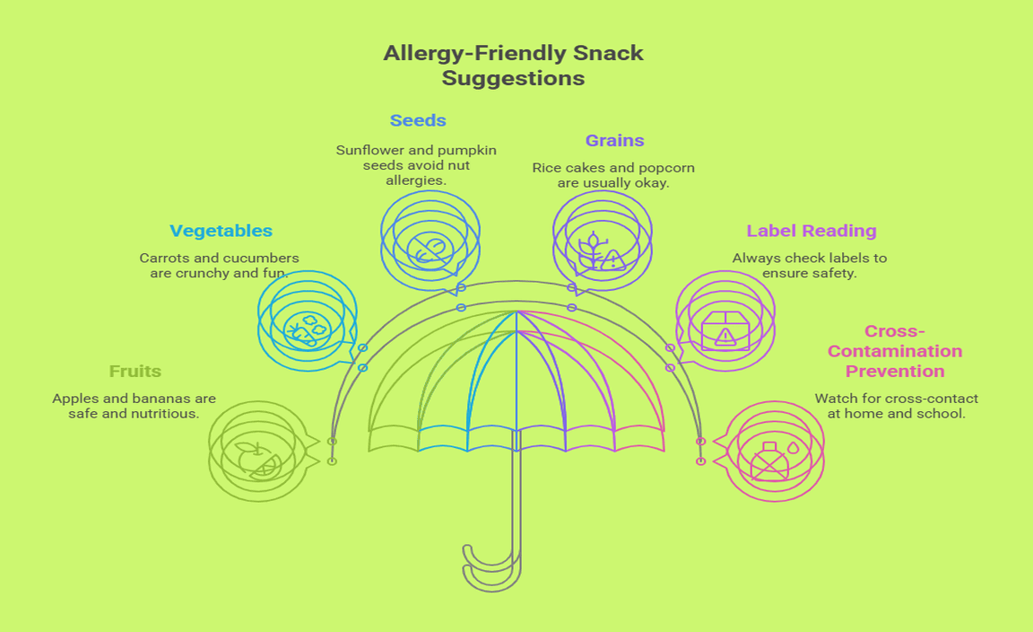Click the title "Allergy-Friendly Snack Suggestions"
click(513, 66)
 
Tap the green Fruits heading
click(135, 371)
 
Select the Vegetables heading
click(221, 231)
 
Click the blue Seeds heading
click(418, 120)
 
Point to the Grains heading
click(614, 140)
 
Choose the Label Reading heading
click(812, 231)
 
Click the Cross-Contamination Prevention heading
click(894, 351)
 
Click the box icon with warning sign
click(725, 330)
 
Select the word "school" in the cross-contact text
click(942, 414)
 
